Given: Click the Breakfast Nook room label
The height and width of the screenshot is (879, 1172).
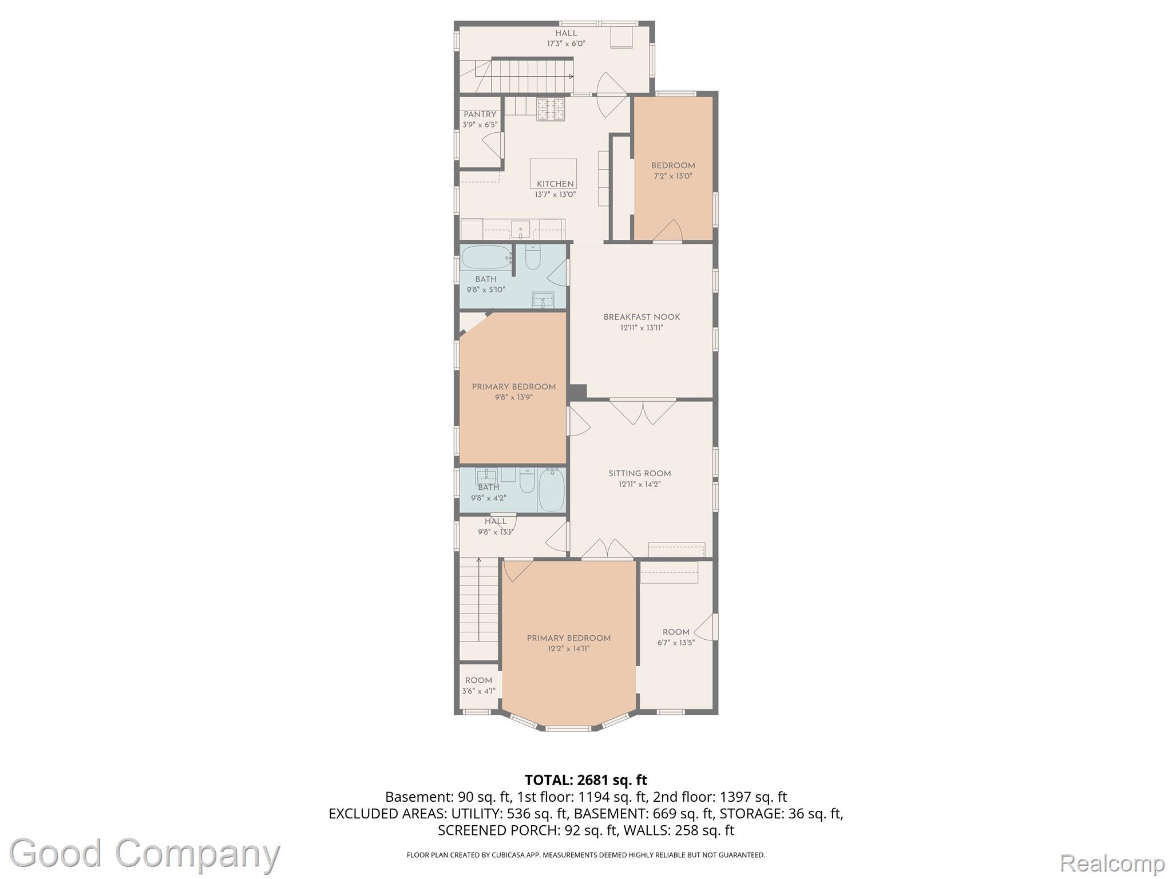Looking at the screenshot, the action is (x=642, y=317).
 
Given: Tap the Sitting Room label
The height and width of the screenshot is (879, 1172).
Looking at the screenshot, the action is (x=639, y=474).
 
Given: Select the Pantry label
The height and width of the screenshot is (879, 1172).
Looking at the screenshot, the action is (x=480, y=114).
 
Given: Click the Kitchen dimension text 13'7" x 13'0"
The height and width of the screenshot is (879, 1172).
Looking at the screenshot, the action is (x=555, y=195).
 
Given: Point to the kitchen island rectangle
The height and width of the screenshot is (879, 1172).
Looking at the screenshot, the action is (x=553, y=173).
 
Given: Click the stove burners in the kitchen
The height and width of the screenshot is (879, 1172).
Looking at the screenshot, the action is (x=551, y=109).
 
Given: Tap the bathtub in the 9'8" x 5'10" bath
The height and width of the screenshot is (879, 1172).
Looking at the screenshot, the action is (x=486, y=258).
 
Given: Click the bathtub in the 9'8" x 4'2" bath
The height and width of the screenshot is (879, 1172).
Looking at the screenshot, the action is (x=551, y=490).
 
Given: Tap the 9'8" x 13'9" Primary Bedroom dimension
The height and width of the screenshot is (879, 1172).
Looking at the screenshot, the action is (x=513, y=397).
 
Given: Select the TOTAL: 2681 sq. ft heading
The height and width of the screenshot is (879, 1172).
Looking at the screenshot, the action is (x=586, y=780).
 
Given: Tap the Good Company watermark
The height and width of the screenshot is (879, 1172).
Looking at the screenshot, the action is (x=145, y=854).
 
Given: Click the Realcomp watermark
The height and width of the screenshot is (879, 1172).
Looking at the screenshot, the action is (x=1112, y=862).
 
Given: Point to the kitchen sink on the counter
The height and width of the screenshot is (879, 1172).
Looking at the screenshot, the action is (x=520, y=230).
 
